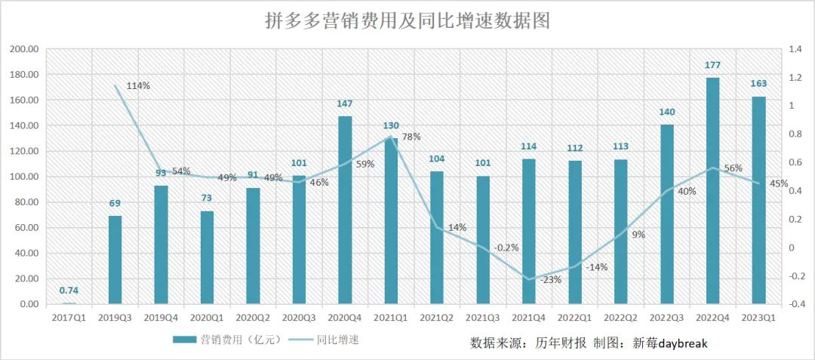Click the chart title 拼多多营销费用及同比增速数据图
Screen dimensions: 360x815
coord(407,21)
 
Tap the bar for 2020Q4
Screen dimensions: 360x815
coord(345,210)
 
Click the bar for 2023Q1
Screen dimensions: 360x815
coord(758,200)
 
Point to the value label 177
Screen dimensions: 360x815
coord(712,66)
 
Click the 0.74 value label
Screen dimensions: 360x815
coord(69,291)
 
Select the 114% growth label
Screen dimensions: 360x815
coord(137,85)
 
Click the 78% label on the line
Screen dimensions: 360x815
coord(411,137)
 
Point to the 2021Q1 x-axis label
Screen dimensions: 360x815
coord(391,318)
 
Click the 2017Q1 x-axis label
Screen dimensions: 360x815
coord(69,318)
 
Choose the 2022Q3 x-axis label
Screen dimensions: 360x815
coord(667,318)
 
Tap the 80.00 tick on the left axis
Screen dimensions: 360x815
coord(26,202)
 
